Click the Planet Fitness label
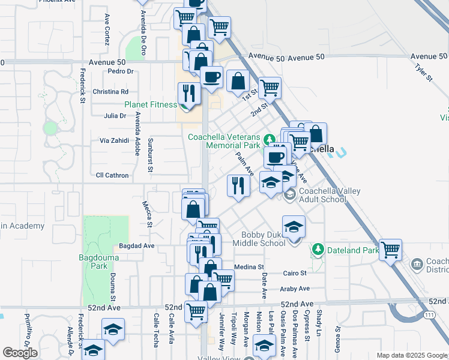(151, 104)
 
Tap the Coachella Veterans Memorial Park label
(224, 141)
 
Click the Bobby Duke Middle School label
(263, 239)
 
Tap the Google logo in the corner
(20, 353)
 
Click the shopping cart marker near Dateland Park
(390, 249)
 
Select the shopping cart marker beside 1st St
(270, 88)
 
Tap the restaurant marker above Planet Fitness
(190, 94)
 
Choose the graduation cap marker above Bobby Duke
(294, 227)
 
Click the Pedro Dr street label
(121, 71)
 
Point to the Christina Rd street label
(111, 92)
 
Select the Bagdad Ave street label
(137, 245)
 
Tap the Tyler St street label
(423, 71)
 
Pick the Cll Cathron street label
(113, 175)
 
